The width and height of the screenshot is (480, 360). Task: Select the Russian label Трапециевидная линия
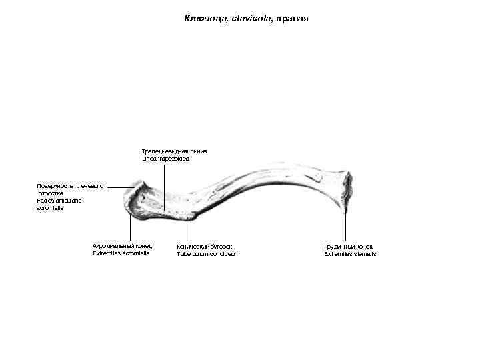[x=174, y=151]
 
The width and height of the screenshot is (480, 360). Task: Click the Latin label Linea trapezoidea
[x=166, y=159]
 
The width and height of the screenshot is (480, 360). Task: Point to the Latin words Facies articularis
[x=59, y=201]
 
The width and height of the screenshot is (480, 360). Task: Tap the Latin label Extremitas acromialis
[x=121, y=254]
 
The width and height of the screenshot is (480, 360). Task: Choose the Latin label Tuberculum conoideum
[x=207, y=254]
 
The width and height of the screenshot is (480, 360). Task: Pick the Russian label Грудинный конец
[x=349, y=247]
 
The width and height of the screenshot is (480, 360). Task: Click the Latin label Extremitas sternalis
[x=350, y=254]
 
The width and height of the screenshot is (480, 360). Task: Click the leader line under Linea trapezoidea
[x=165, y=187]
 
